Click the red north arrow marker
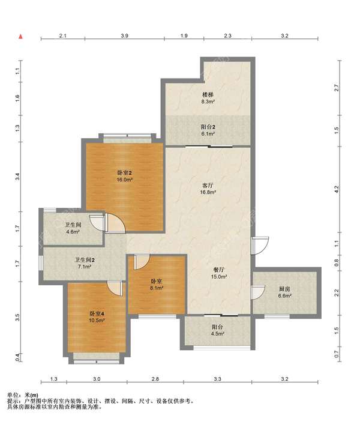coord(20,37)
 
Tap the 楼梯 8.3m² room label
coord(208,98)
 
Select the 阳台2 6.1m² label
coord(208,130)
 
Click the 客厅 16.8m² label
coord(208,189)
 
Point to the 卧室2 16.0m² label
coord(125,176)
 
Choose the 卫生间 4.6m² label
coord(73,228)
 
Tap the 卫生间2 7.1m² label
coord(84,263)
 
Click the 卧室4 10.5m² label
coord(97,317)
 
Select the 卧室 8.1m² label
coord(157,285)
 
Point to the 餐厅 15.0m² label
coord(219,273)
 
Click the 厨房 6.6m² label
coord(284,292)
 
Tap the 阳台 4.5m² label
coord(217,330)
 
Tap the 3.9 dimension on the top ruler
coord(124,35)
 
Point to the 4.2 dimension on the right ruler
coord(337,189)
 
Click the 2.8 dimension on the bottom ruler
coord(155,379)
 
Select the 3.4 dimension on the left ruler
coord(17,177)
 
